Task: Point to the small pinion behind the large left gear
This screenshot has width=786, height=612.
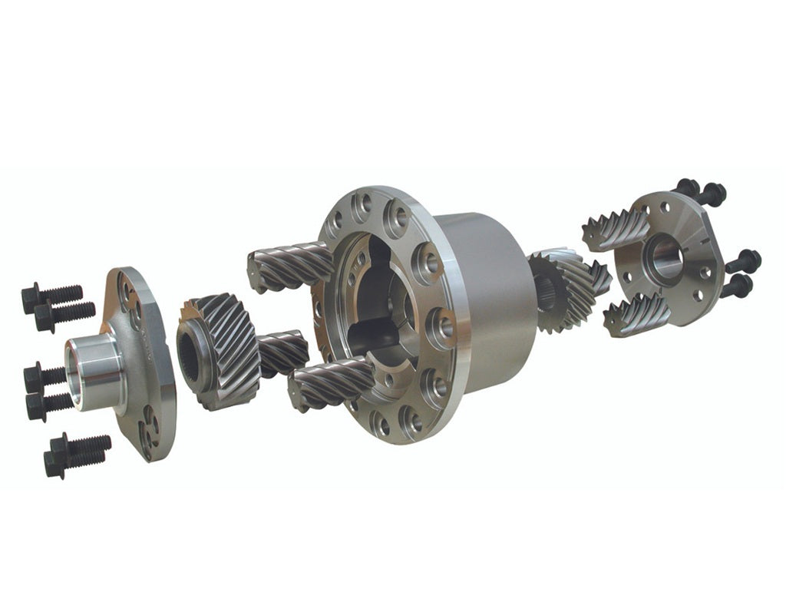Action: pyautogui.click(x=282, y=352)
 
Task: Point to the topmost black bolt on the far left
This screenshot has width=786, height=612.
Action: pyautogui.click(x=51, y=294)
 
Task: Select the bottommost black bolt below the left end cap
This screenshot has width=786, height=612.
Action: pyautogui.click(x=76, y=454)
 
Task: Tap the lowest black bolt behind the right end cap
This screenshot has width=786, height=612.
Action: pyautogui.click(x=737, y=286)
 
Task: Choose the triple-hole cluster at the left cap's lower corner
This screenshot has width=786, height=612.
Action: pyautogui.click(x=148, y=429)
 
